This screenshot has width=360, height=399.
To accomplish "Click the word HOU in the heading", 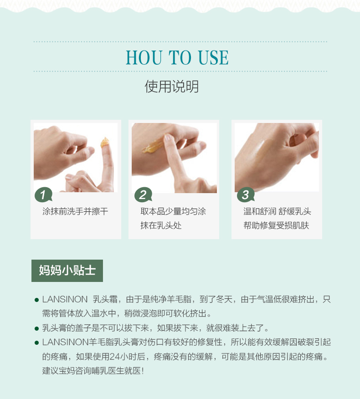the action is pos(144,57).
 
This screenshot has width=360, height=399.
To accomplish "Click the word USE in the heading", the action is pos(213,57).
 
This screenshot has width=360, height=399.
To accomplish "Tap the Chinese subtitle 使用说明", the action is pos(172,87).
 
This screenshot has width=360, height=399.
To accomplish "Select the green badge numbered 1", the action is pos(43,195).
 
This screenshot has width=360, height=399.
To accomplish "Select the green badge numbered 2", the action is pos(143,195).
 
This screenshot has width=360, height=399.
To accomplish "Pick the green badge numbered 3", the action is pos(246,195).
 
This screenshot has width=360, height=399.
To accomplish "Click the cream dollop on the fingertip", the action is pos(105,143).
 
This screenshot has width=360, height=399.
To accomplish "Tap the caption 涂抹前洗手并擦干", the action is pos(75,211).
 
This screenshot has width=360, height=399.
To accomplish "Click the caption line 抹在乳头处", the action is pos(161,225).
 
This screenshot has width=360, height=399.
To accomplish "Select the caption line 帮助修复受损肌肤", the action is pos(276,225).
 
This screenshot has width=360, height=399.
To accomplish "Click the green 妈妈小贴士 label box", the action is pos(67,271).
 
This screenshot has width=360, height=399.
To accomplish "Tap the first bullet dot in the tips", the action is pos(36,300).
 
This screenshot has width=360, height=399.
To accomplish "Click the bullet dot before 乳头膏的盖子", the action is pos(36,328).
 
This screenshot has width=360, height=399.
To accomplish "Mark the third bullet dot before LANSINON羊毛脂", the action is pos(36,343).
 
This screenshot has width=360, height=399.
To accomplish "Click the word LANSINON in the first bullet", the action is pos(65,299).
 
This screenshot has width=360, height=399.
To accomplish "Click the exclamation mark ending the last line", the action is pos(143,371).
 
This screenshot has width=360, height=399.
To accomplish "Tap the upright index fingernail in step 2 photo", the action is pos(168,138).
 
